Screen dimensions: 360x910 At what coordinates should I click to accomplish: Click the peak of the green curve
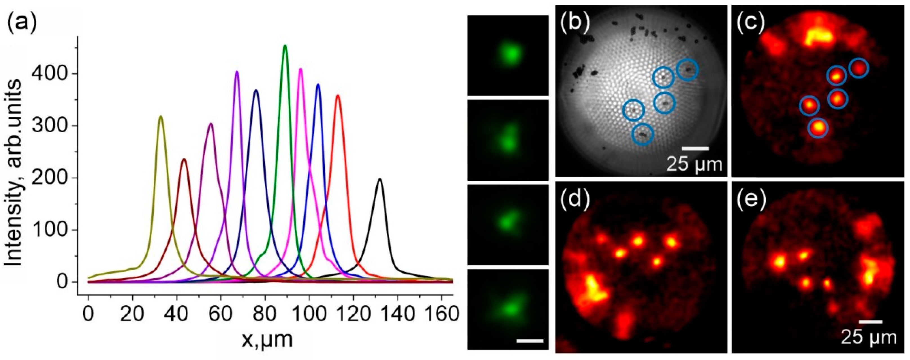(x=285, y=46)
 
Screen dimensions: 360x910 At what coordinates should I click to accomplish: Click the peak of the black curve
(x=380, y=180)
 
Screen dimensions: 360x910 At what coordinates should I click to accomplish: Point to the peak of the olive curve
(x=161, y=116)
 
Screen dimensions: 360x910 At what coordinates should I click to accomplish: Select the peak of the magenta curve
(x=301, y=69)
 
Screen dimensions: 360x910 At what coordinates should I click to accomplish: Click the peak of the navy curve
(x=256, y=90)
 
